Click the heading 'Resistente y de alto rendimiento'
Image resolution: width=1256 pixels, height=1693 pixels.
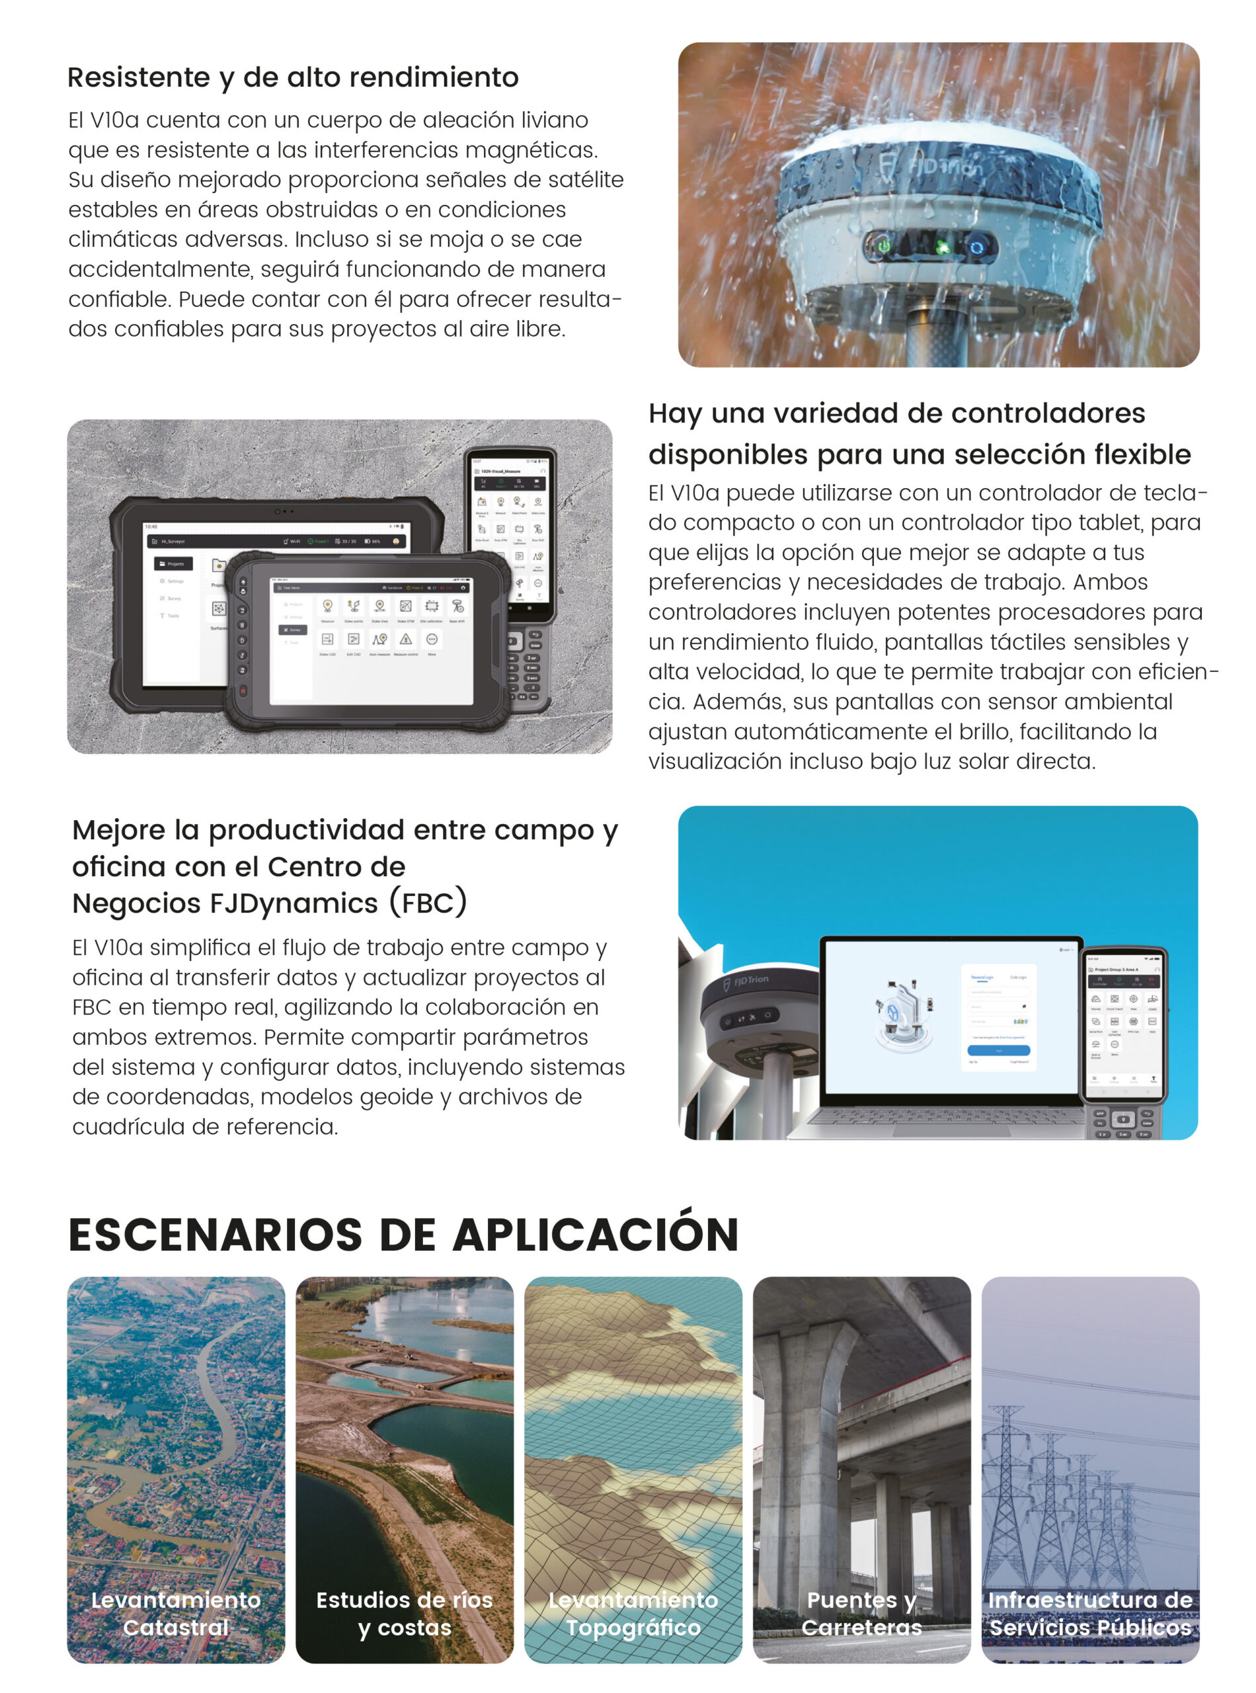point(293,77)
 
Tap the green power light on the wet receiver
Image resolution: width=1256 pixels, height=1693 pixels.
point(883,247)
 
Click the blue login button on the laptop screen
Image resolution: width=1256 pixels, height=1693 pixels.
point(998,1050)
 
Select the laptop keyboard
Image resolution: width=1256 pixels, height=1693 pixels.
point(951,1116)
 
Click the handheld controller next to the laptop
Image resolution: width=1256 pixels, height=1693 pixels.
point(1124,1042)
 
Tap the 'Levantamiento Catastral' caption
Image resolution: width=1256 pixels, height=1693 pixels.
point(176,1613)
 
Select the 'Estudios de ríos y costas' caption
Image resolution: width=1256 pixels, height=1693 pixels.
point(405,1613)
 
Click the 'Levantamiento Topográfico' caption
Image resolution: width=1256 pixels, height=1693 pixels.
point(633,1613)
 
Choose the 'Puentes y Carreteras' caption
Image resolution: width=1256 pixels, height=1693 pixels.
point(861,1613)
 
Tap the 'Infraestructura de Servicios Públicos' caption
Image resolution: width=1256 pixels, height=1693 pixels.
point(1090,1613)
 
